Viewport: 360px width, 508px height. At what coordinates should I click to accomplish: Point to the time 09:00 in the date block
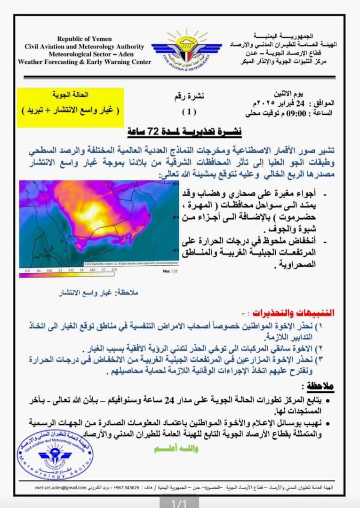point(289,113)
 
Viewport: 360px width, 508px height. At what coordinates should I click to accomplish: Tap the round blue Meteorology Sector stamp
point(55,456)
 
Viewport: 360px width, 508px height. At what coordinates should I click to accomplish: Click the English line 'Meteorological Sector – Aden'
point(85,54)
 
